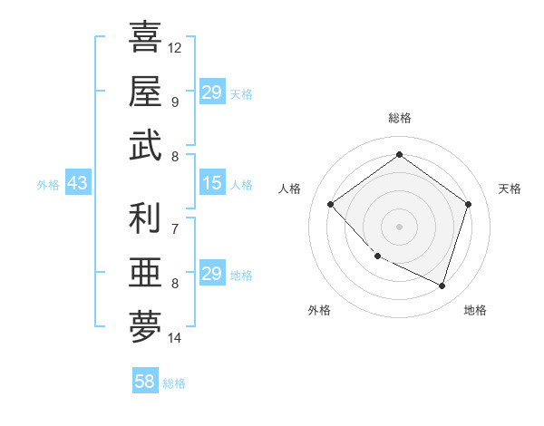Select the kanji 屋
[x=145, y=92]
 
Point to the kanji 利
[x=145, y=218]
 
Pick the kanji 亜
[x=145, y=273]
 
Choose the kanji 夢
[x=145, y=327]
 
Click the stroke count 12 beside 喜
[x=175, y=47]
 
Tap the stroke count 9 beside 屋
[x=175, y=102]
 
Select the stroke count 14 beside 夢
[x=175, y=338]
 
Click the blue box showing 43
[x=77, y=184]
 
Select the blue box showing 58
[x=145, y=382]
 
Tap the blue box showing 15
[x=211, y=184]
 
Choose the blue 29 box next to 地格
[x=211, y=274]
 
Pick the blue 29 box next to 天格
[x=211, y=92]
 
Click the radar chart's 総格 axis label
[x=399, y=118]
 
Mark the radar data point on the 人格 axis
[x=331, y=205]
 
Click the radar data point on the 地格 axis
[x=442, y=286]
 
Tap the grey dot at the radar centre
[x=399, y=226]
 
